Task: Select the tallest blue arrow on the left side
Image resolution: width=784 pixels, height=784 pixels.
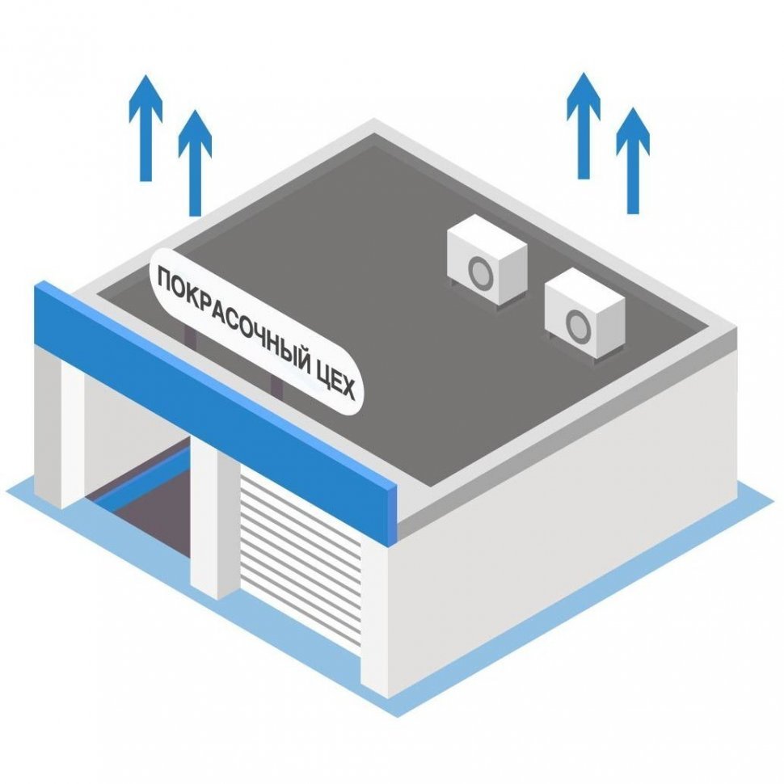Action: [145, 128]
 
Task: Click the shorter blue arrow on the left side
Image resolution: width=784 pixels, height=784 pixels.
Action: [195, 163]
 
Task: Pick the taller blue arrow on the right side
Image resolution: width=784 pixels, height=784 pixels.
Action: [584, 125]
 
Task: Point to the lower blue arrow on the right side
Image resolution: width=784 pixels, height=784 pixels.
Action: [633, 161]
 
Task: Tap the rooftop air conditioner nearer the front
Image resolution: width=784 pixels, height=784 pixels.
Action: [585, 313]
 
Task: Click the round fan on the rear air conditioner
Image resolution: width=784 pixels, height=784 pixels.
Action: [481, 272]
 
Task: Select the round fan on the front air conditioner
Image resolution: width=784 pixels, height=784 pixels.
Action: [579, 324]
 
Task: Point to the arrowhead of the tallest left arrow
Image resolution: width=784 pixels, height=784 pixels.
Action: [145, 96]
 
